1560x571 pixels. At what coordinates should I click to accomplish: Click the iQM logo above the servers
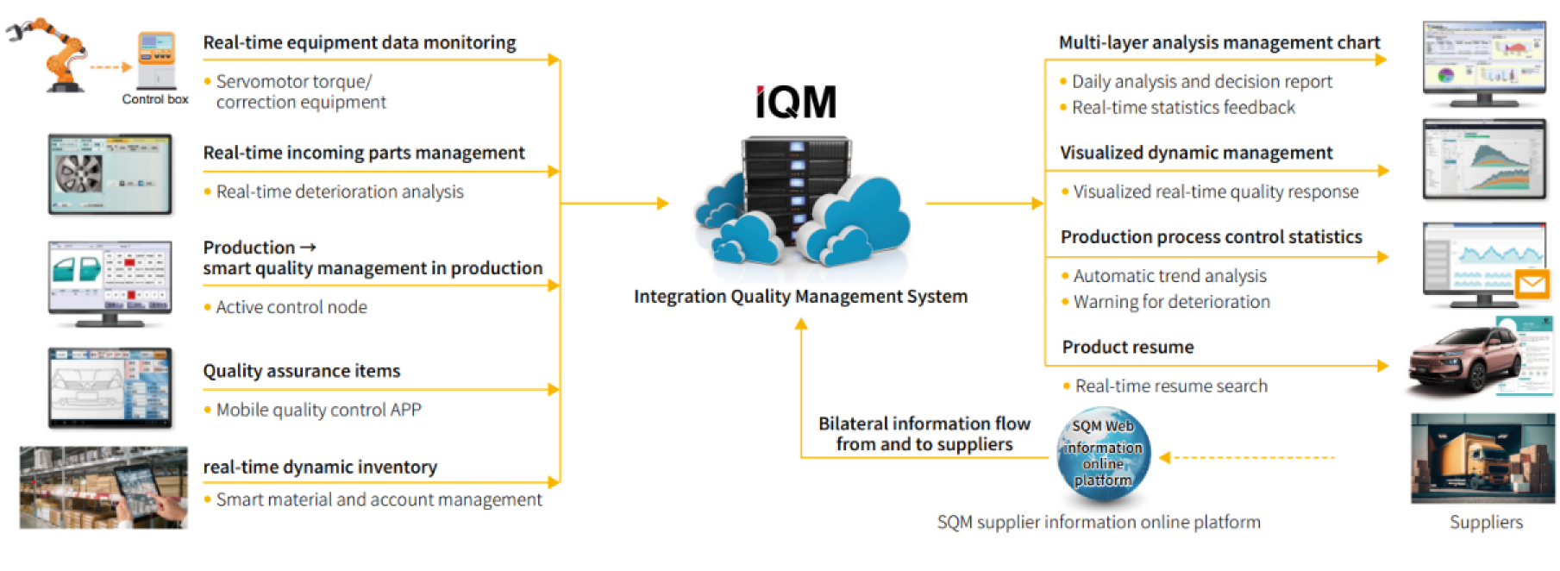pos(796,103)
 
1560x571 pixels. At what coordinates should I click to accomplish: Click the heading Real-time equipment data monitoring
pos(359,42)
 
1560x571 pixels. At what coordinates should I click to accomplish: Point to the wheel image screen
pos(110,174)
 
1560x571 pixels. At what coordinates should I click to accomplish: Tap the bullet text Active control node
pos(291,307)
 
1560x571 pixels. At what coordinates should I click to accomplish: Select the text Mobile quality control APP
pos(318,410)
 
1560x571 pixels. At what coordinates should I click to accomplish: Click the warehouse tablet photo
pos(103,487)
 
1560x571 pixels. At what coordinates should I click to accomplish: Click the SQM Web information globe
pos(1103,454)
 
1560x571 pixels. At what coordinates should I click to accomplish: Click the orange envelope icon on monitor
pos(1532,284)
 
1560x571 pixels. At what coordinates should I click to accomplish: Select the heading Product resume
pos(1128,347)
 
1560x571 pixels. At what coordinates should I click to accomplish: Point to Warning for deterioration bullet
pos(1171,302)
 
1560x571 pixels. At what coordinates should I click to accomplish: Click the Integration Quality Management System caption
pos(800,297)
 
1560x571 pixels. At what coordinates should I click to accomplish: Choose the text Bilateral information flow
pos(924,424)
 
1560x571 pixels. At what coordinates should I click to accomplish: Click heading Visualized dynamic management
pos(1195,153)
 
